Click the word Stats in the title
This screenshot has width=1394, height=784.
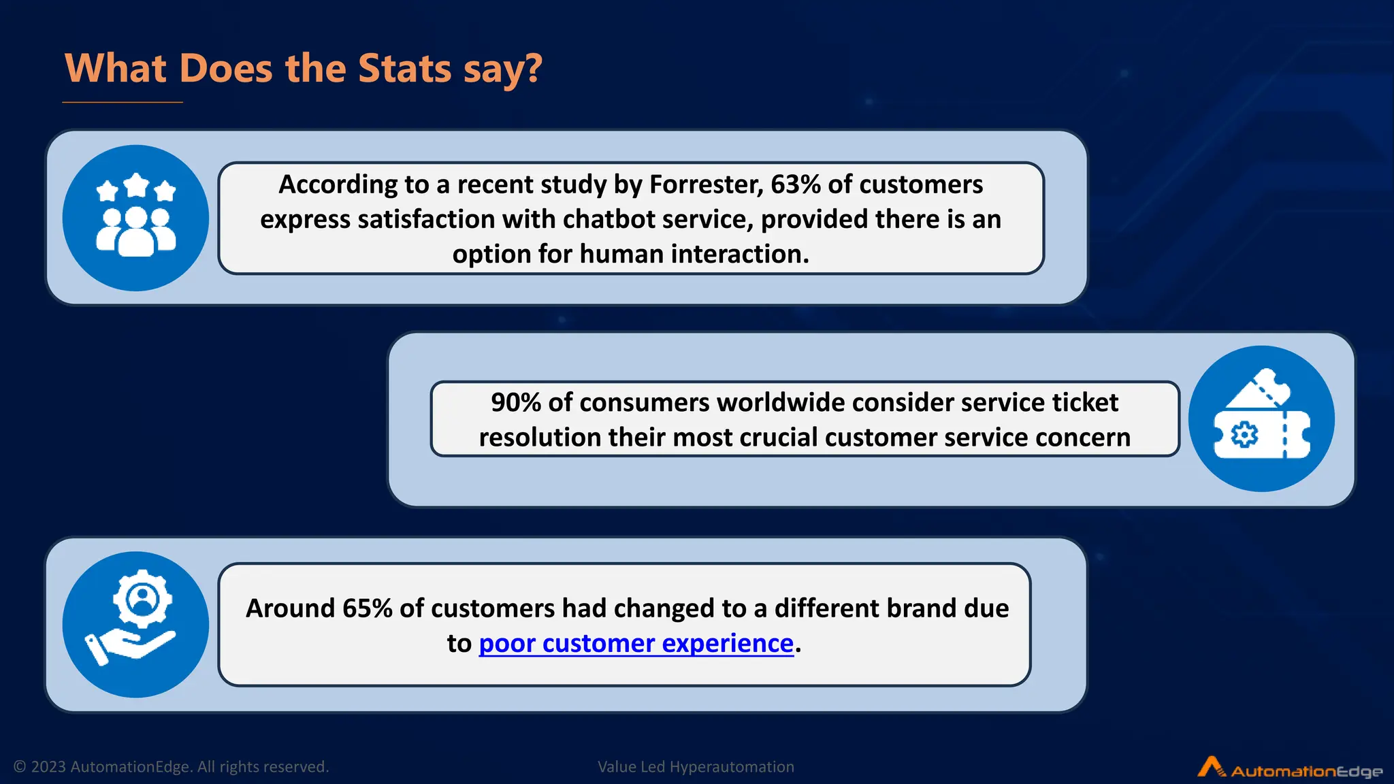tap(404, 69)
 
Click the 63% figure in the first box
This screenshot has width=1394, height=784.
tap(795, 184)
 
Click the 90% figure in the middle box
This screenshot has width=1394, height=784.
tap(516, 402)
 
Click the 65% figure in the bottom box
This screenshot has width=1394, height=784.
tap(367, 608)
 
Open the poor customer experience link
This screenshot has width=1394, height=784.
tap(636, 643)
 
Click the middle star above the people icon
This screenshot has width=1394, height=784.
tap(137, 184)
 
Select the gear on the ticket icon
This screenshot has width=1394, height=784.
tap(1244, 434)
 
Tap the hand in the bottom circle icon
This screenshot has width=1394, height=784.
tap(129, 646)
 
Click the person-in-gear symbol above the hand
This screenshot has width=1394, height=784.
tap(142, 599)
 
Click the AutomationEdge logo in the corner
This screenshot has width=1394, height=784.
tap(1290, 769)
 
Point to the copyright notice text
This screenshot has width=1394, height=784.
tap(171, 767)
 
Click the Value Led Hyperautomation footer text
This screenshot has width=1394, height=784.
tap(696, 767)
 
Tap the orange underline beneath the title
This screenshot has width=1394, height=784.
tap(123, 102)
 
